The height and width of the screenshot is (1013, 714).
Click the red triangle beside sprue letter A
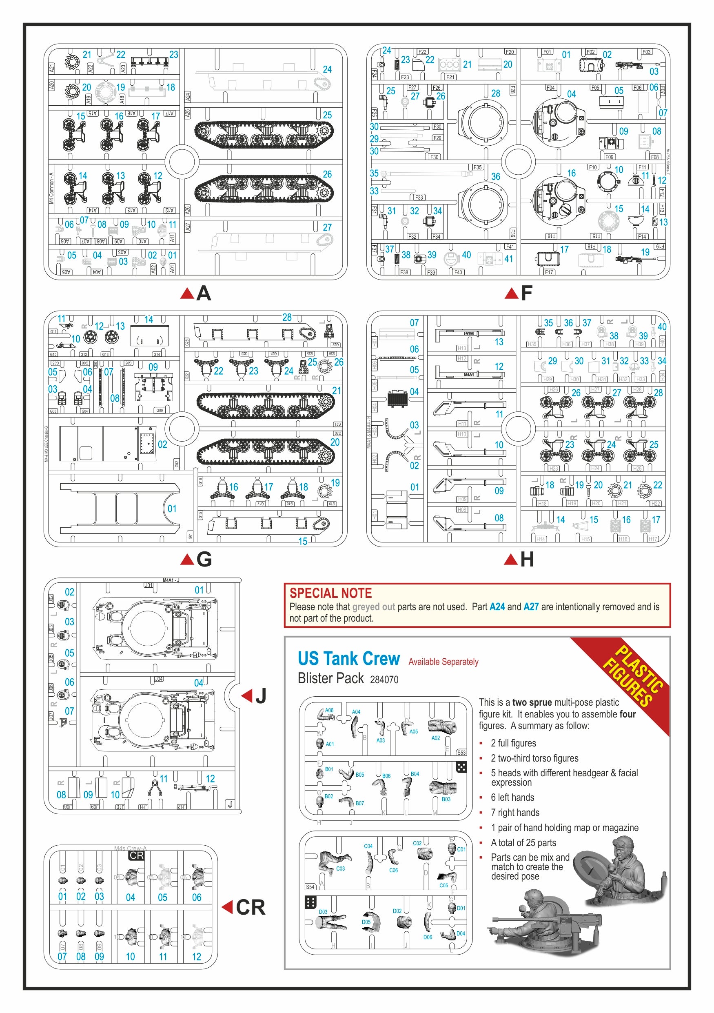click(187, 293)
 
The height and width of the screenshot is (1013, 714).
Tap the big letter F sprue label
click(527, 293)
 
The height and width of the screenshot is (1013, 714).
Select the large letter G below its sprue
click(204, 560)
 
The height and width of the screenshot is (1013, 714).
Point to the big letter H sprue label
click(527, 560)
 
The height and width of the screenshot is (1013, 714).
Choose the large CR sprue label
click(251, 908)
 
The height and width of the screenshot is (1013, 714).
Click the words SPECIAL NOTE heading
click(330, 593)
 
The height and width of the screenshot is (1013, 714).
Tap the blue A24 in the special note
click(497, 606)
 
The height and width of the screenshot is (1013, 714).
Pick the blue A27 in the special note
click(531, 606)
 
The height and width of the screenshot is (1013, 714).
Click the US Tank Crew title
click(348, 659)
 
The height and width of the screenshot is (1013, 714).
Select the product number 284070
click(384, 680)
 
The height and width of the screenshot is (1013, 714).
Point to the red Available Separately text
click(443, 662)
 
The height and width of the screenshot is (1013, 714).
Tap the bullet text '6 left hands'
click(512, 797)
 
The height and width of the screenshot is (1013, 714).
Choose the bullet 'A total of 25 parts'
click(523, 843)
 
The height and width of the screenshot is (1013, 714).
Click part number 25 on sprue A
click(327, 115)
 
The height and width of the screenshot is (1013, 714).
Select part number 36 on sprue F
click(496, 176)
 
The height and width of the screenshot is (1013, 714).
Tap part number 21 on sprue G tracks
click(337, 391)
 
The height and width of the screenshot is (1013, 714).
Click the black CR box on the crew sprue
click(136, 855)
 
